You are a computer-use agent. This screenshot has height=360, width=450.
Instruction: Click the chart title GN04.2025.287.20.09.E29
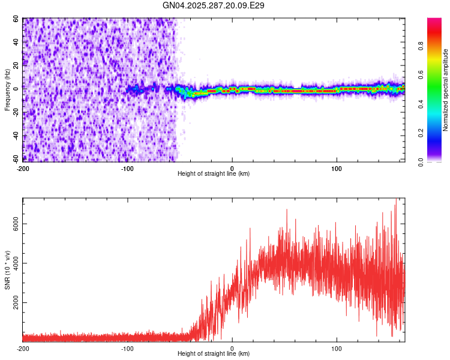pyautogui.click(x=214, y=5)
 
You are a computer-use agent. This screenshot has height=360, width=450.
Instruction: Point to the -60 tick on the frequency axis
pyautogui.click(x=16, y=159)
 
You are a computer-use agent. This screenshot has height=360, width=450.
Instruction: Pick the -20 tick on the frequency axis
pyautogui.click(x=16, y=112)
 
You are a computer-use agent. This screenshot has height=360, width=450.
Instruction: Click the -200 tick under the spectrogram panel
pyautogui.click(x=23, y=167)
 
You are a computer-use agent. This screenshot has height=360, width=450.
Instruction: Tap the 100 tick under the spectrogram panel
pyautogui.click(x=337, y=167)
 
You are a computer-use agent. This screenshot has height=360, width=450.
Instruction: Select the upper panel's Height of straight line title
pyautogui.click(x=214, y=174)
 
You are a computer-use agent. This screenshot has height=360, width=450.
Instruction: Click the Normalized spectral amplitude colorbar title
pyautogui.click(x=446, y=90)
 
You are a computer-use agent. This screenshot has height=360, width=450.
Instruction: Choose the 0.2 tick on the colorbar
pyautogui.click(x=437, y=133)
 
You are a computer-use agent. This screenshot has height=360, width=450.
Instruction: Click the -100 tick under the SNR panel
pyautogui.click(x=127, y=348)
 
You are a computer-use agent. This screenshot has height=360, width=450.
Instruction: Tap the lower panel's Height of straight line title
pyautogui.click(x=214, y=354)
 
